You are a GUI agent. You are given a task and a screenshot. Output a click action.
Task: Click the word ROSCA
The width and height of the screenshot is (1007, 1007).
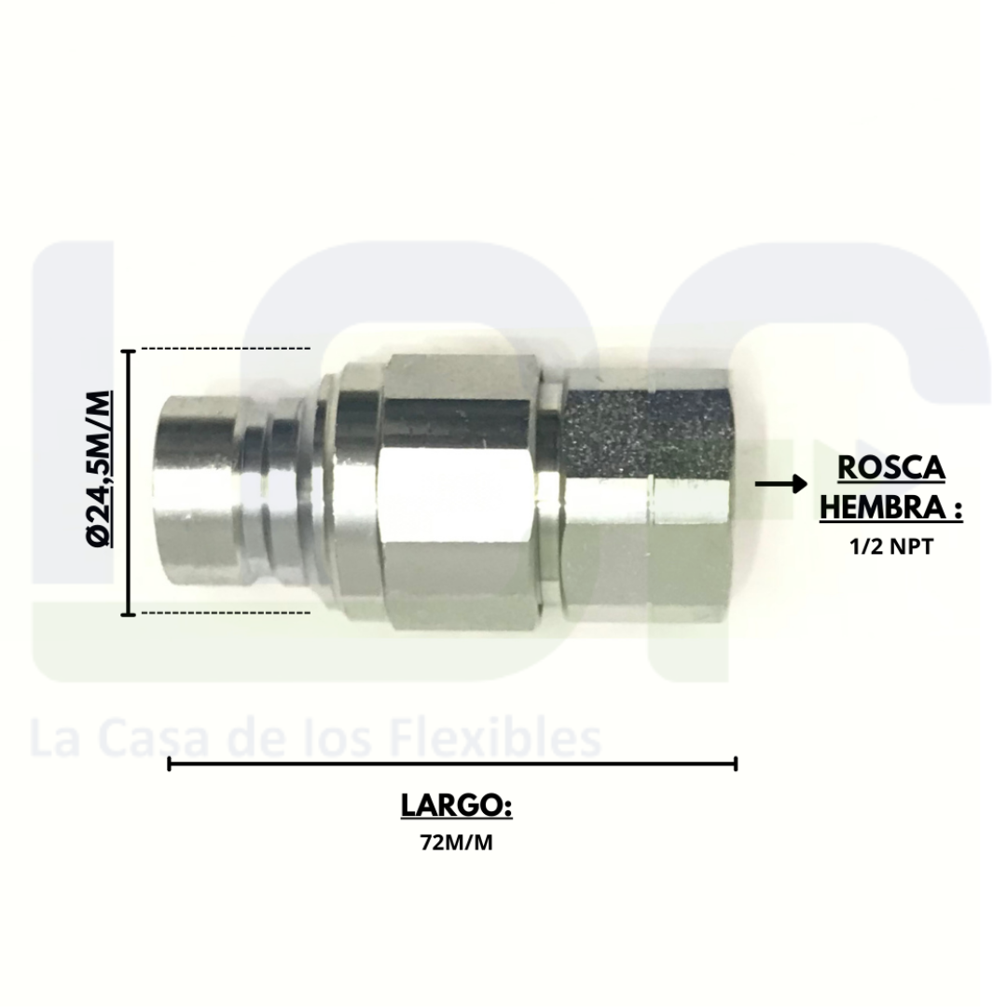pos(891,467)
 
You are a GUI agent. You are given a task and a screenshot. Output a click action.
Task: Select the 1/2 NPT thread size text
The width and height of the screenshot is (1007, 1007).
pos(890,547)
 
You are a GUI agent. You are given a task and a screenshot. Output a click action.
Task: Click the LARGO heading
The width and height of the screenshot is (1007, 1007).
pos(457,805)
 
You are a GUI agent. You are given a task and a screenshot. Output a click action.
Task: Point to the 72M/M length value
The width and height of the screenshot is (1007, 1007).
pos(457,843)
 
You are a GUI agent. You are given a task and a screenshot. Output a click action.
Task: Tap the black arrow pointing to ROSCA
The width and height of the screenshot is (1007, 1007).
pos(781,484)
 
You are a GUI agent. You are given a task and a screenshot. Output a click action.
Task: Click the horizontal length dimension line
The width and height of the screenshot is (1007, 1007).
pos(452,765)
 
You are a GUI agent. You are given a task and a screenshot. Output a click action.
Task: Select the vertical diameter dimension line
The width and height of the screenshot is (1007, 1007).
pos(129,482)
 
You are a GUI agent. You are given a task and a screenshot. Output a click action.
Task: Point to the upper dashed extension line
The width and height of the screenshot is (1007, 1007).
pos(226,349)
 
